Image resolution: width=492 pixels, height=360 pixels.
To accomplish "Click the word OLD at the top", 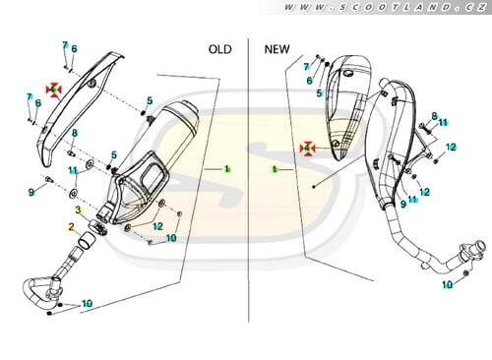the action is (x=220, y=49).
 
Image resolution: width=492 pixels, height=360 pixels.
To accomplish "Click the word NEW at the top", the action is (x=277, y=49).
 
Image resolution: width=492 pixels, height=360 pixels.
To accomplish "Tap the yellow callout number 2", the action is (x=71, y=226).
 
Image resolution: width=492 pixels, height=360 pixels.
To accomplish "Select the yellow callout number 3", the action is (x=78, y=210).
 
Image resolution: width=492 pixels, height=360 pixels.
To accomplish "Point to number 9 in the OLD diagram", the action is (x=31, y=192).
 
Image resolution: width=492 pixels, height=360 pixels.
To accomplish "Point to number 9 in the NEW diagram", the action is (x=403, y=204).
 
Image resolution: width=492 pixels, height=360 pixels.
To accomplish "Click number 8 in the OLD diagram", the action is (x=75, y=133).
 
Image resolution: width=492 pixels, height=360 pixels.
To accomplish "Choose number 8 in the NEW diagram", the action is (x=434, y=116).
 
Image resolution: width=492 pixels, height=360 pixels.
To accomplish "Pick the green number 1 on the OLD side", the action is (x=226, y=169).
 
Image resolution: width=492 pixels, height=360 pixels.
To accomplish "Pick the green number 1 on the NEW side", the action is (x=276, y=169).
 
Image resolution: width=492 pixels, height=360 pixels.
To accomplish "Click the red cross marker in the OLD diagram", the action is (x=54, y=90).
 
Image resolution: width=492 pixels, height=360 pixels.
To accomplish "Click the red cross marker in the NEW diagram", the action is (x=307, y=149).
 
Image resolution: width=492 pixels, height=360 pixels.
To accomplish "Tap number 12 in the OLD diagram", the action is (x=157, y=226).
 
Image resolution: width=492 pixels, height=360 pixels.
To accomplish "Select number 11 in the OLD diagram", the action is (x=74, y=170).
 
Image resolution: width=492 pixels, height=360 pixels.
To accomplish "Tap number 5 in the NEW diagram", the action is (x=319, y=93).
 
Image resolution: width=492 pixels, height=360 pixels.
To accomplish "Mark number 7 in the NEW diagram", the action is (x=306, y=67).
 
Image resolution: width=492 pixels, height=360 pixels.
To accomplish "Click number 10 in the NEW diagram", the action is (x=448, y=284).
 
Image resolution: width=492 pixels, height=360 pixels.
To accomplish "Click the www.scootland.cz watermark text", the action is (x=385, y=7).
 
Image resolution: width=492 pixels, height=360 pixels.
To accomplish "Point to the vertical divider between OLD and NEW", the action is (x=248, y=180).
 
